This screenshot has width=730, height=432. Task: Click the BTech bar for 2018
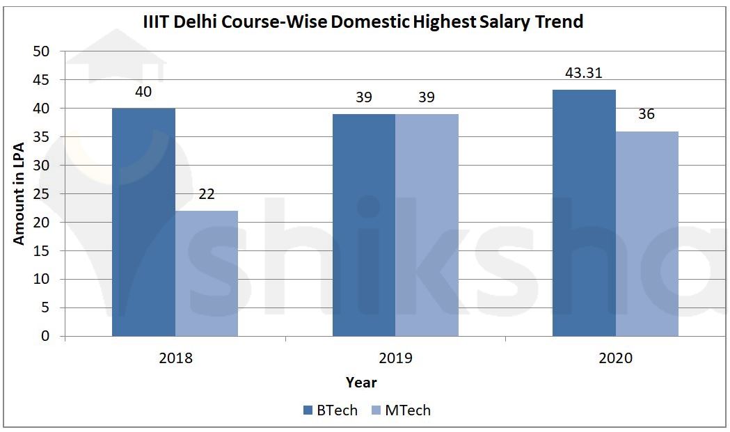(x=143, y=222)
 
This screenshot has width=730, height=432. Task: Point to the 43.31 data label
(x=584, y=73)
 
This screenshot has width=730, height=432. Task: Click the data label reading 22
(x=207, y=194)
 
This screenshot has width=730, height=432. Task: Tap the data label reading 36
(x=646, y=114)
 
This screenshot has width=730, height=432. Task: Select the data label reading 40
(x=143, y=92)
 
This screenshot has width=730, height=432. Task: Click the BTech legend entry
(x=330, y=410)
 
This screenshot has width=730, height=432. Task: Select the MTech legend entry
(x=401, y=410)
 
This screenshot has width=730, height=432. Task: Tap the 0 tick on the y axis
(x=46, y=337)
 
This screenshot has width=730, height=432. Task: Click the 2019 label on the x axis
(x=395, y=359)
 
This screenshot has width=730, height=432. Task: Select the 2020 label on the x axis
(x=615, y=359)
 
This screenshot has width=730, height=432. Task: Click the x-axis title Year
(x=361, y=383)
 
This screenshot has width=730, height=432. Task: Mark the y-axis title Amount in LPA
(x=19, y=194)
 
